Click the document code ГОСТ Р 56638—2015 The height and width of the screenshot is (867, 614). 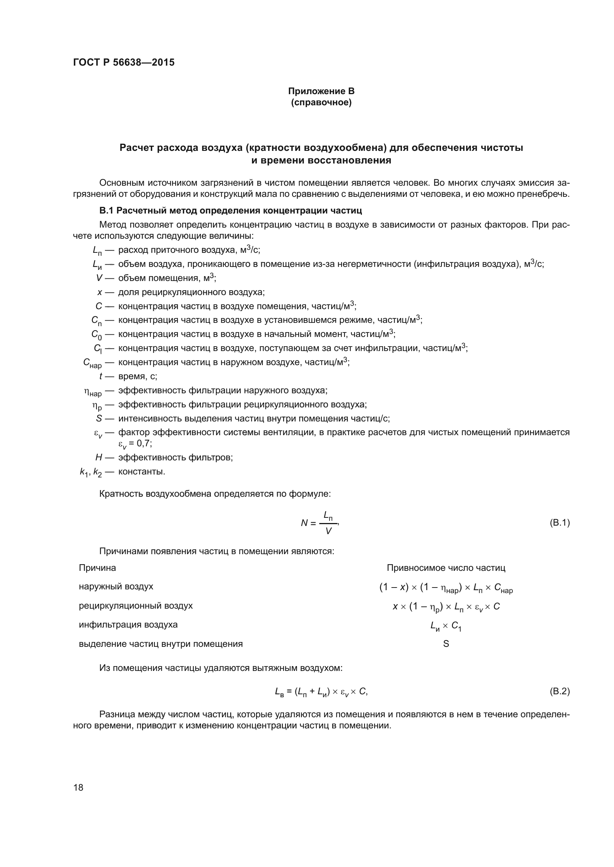(124, 62)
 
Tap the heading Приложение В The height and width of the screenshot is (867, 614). (321, 91)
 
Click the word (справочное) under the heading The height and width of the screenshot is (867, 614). (321, 102)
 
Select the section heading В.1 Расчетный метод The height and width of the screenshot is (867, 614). (230, 210)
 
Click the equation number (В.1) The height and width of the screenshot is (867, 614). (559, 523)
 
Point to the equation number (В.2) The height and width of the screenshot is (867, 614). (559, 691)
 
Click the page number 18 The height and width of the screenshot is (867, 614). (78, 787)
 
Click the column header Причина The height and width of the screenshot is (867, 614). (97, 567)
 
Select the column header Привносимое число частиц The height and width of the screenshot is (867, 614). (446, 567)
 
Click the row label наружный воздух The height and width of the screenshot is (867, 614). (116, 586)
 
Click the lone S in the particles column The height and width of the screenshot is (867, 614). (446, 644)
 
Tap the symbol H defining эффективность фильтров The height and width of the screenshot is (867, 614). (99, 457)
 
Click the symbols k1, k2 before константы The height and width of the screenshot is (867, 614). (91, 472)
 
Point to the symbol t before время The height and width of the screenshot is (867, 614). (101, 376)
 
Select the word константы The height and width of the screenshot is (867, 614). (141, 471)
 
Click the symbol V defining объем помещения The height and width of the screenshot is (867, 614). (99, 278)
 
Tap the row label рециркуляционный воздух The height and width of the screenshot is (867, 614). (135, 606)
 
